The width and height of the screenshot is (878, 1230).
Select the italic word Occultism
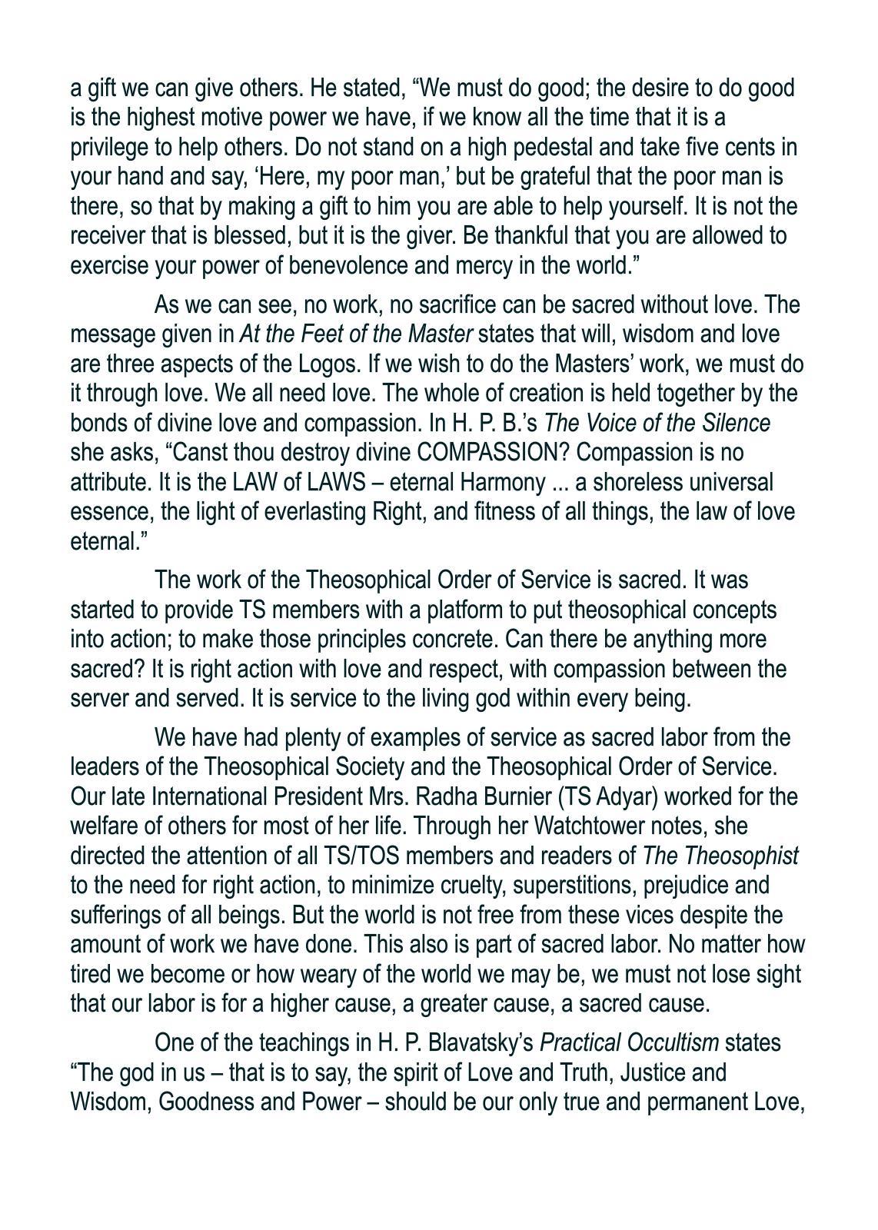pos(673,1043)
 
